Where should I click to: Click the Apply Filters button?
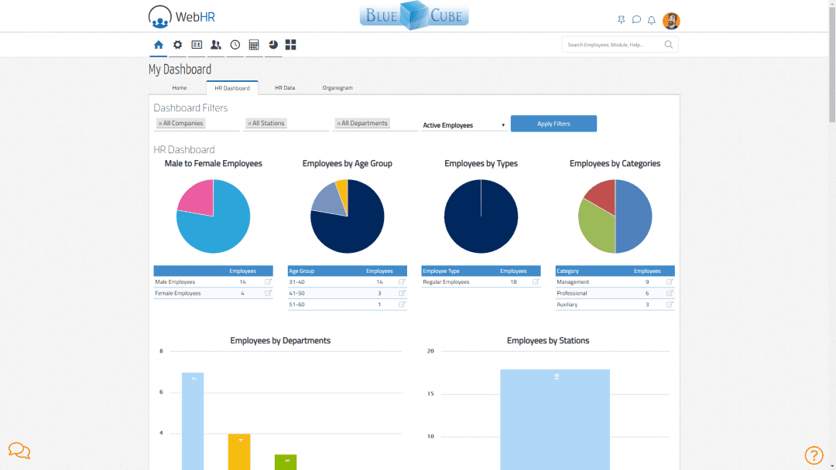(x=553, y=124)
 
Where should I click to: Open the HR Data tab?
(x=285, y=88)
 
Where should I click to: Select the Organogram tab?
(x=337, y=88)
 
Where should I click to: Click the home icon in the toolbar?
(x=159, y=45)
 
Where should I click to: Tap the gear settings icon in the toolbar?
(x=177, y=45)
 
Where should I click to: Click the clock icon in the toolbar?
(x=235, y=45)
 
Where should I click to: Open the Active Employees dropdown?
(x=464, y=125)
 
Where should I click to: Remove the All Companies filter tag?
(x=160, y=124)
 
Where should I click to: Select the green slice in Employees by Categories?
(x=596, y=228)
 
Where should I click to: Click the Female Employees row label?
(x=178, y=294)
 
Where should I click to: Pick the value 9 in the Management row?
(x=647, y=282)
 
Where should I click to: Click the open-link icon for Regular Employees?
(x=536, y=282)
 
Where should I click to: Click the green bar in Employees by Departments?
(x=286, y=462)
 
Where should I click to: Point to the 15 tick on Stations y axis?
(x=430, y=394)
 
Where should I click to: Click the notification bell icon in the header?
(x=652, y=20)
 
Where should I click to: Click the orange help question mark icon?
(x=814, y=455)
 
